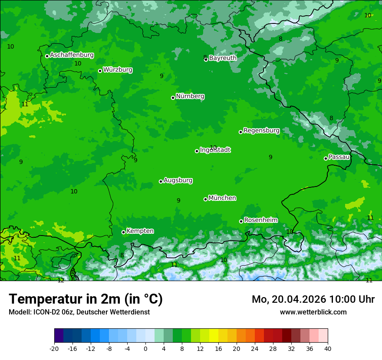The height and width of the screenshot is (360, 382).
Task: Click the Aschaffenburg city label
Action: (x=72, y=55)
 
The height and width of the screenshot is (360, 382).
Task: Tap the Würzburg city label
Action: (x=118, y=70)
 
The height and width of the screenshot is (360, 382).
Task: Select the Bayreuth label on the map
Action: (x=223, y=58)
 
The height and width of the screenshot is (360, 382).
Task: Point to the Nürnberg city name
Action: (x=190, y=96)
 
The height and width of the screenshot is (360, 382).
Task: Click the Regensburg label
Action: (x=261, y=131)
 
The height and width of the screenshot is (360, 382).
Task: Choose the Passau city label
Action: (x=339, y=157)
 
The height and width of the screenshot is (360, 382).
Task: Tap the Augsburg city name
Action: (x=178, y=180)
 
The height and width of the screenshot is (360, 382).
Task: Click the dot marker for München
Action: (x=205, y=199)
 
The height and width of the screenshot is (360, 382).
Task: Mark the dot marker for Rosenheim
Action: (x=241, y=221)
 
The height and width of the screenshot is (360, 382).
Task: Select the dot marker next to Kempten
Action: (x=123, y=232)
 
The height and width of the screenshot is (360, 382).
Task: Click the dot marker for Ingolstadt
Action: (x=197, y=151)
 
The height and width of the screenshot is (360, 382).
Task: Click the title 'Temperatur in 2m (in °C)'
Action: (x=86, y=299)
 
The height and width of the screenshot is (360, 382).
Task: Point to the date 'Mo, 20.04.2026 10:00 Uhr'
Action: (x=313, y=299)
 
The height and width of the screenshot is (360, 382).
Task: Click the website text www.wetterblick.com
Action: (x=313, y=312)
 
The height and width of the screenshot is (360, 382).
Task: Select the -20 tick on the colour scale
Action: (x=54, y=348)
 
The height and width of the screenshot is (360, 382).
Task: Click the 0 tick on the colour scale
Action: (x=145, y=348)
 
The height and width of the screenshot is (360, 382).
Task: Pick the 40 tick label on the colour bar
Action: (x=328, y=348)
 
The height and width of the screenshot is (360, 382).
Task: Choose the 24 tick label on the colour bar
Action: (x=255, y=348)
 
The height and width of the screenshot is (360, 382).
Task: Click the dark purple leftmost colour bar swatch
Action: (x=59, y=336)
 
